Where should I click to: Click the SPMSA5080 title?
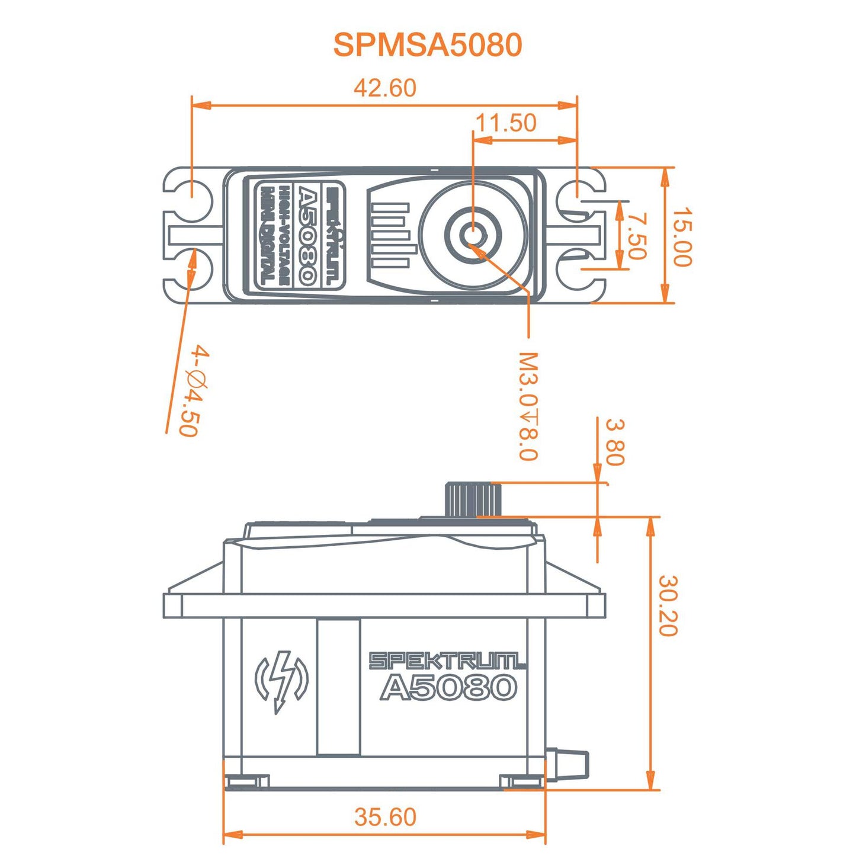pos(427,45)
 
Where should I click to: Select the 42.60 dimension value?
pos(385,88)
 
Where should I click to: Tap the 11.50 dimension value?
pos(506,123)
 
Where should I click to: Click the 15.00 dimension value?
pos(682,236)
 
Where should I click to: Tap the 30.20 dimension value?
pos(668,605)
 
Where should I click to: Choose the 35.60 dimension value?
pos(385,817)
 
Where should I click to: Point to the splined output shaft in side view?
pos(468,499)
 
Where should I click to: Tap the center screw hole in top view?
pos(473,233)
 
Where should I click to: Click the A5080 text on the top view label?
pos(307,236)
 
